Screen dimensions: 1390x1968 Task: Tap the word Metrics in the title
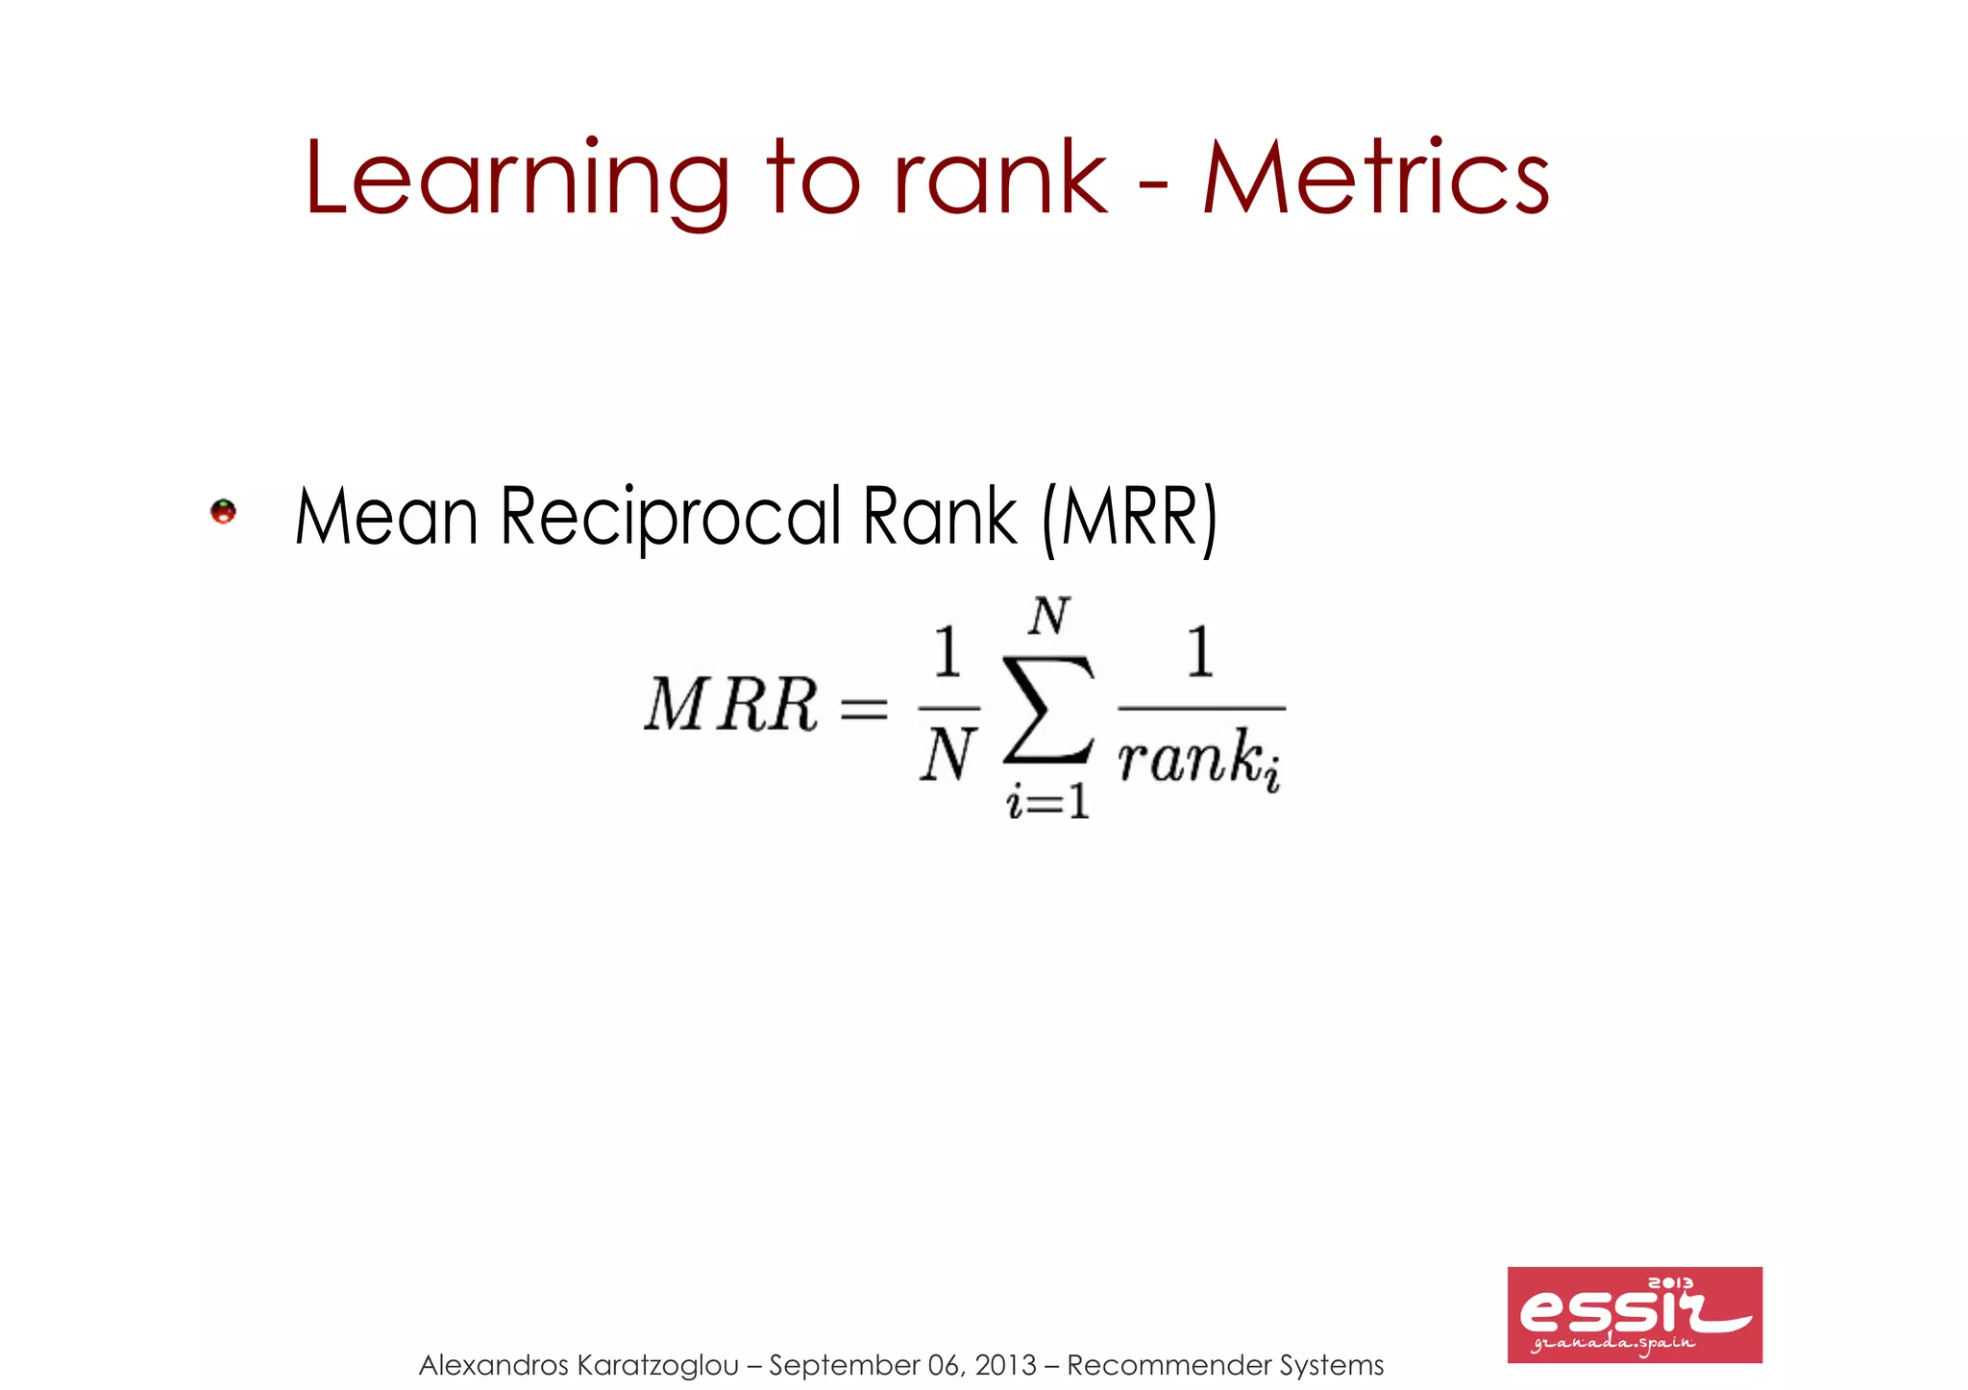point(1375,179)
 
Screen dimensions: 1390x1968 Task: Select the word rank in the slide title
point(999,179)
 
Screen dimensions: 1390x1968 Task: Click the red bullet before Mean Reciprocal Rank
point(223,511)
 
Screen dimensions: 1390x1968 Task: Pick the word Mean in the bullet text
point(386,518)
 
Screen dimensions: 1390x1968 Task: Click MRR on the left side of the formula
point(730,706)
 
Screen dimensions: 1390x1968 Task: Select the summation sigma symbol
point(1048,709)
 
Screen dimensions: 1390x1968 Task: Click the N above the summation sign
point(1048,616)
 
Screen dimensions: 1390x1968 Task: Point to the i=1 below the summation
point(1047,801)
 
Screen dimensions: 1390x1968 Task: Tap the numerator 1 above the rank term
point(1200,652)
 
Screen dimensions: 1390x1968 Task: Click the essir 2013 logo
point(1634,1314)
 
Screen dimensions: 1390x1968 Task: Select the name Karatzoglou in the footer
point(658,1365)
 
